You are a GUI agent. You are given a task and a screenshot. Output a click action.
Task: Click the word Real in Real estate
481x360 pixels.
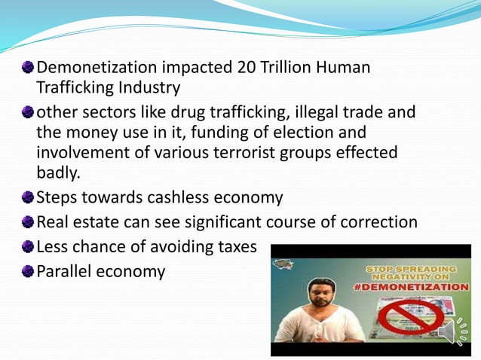[53, 222]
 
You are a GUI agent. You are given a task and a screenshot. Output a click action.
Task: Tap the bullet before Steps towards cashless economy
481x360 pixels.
[28, 198]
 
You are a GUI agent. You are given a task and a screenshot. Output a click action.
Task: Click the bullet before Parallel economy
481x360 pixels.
[28, 271]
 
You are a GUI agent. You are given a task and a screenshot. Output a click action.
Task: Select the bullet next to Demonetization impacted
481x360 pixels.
[28, 68]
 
